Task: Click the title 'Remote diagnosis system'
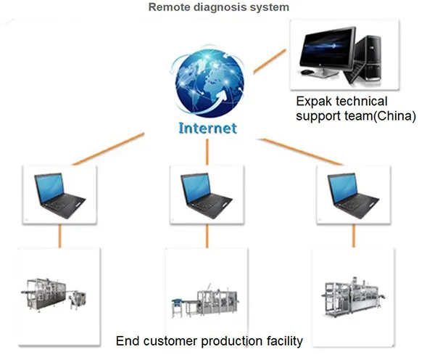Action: (218, 8)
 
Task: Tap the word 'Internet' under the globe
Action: (207, 128)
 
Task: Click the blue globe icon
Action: (207, 80)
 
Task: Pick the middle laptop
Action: (206, 192)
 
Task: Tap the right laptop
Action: (352, 192)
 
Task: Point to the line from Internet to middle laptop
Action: (207, 150)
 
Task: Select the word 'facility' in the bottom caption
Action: (280, 341)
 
